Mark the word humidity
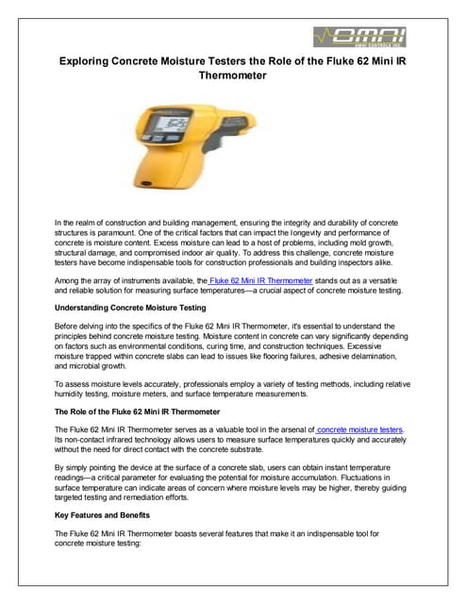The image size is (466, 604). pos(75,395)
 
